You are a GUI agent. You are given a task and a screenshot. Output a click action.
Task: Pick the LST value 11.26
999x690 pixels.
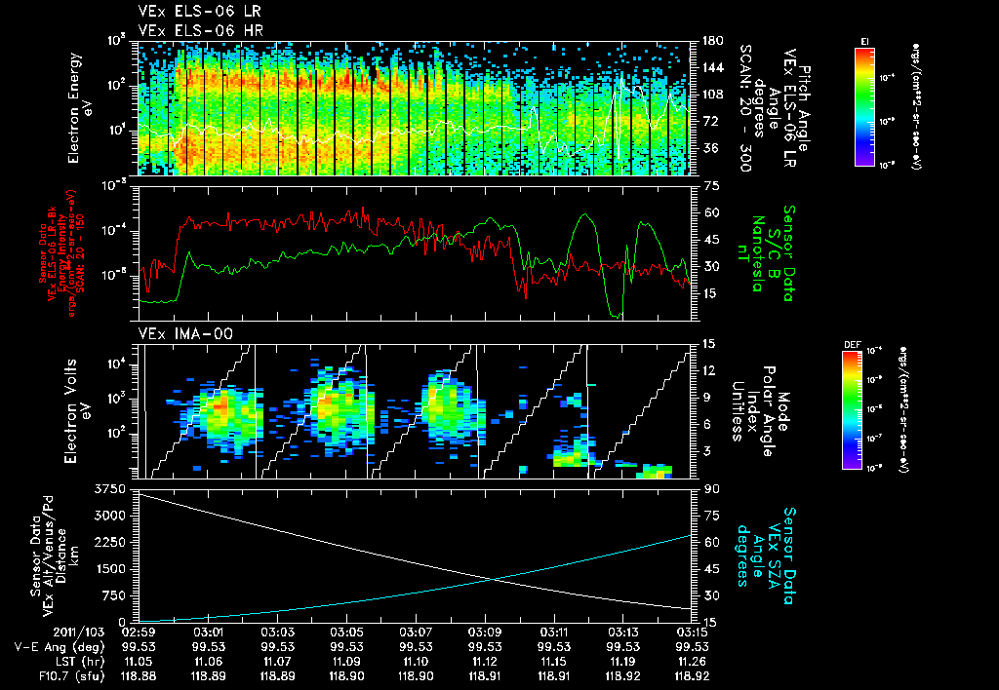pos(692,660)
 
